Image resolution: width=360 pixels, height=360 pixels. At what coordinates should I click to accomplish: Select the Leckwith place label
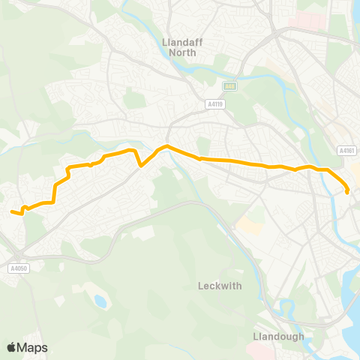pyautogui.click(x=218, y=286)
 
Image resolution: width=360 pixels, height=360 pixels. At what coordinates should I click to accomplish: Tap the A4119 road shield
pyautogui.click(x=216, y=104)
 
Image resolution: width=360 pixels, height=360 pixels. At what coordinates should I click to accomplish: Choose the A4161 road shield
pyautogui.click(x=346, y=150)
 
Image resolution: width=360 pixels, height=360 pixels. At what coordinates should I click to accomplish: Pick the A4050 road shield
pyautogui.click(x=19, y=268)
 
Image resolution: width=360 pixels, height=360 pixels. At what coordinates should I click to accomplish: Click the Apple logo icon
pyautogui.click(x=12, y=347)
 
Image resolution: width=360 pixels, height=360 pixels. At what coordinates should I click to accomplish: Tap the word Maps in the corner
pyautogui.click(x=32, y=347)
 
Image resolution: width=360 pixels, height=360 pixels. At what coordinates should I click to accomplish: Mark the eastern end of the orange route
pyautogui.click(x=348, y=192)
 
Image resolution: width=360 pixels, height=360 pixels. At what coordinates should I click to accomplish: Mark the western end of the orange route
pyautogui.click(x=12, y=212)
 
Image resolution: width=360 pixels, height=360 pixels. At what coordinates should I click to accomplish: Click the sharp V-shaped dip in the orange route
pyautogui.click(x=141, y=166)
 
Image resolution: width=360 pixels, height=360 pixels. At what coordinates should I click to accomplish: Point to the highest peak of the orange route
pyautogui.click(x=166, y=146)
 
